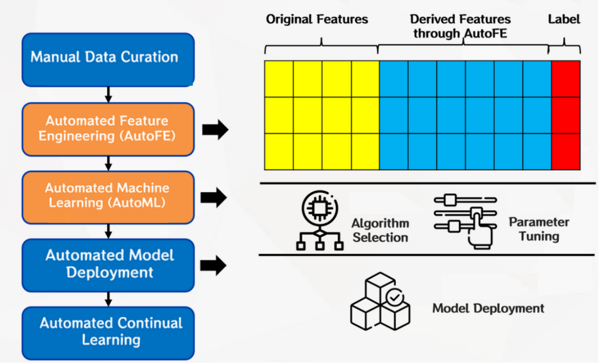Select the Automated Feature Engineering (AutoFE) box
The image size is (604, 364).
coord(108,129)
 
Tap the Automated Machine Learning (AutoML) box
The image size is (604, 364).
coord(108,197)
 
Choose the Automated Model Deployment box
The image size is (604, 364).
coord(108,265)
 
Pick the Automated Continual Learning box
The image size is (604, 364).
coord(108,332)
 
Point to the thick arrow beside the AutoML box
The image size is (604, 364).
coord(215,197)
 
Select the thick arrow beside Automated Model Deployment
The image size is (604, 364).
coord(215,266)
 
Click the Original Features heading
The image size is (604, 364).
coord(317,20)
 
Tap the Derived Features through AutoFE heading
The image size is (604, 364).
coord(460,26)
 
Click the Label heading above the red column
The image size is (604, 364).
coord(564,20)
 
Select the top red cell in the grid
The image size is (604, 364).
coord(566,79)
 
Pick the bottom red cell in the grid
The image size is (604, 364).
coord(566,151)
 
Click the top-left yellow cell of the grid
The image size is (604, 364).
coord(279,79)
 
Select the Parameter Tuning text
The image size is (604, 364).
coord(539,229)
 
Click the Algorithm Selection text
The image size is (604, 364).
coord(380,230)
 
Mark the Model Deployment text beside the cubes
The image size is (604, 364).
coord(488,308)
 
